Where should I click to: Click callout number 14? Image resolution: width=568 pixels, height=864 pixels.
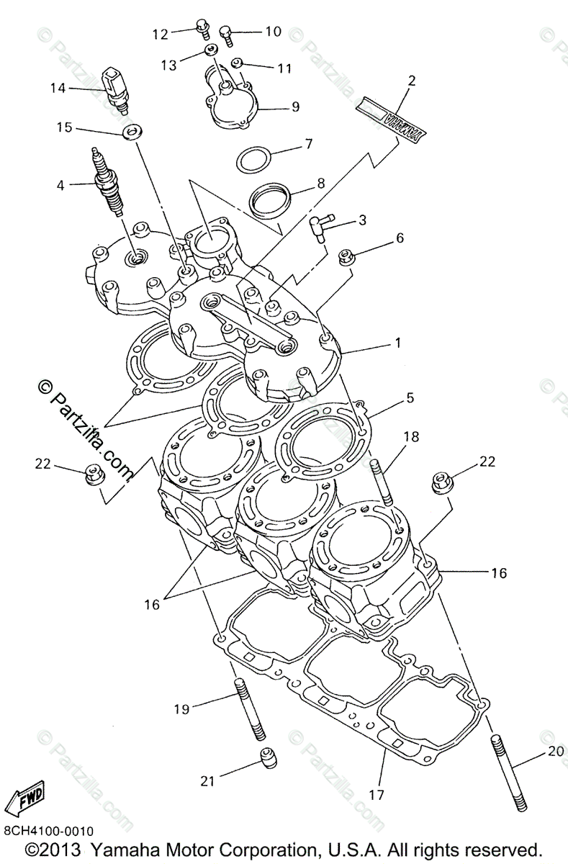pos(58,89)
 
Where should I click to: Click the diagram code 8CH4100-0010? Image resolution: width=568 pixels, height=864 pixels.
pos(48,829)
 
